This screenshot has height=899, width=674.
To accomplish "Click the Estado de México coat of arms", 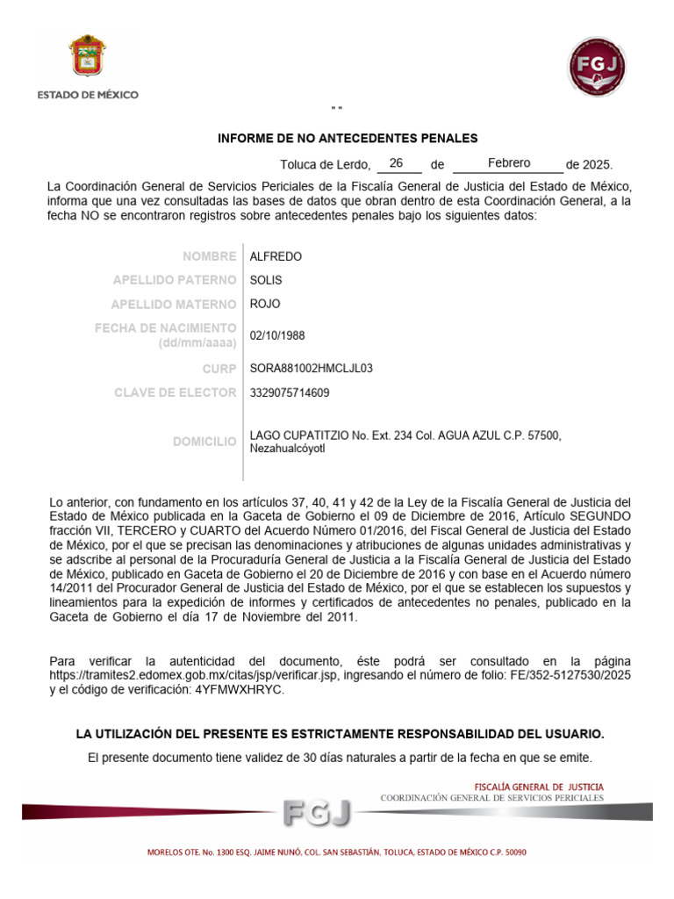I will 87,58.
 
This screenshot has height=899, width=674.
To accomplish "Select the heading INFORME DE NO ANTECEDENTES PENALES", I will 348,138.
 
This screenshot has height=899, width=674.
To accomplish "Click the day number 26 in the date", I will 396,163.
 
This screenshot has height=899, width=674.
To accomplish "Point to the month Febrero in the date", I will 509,163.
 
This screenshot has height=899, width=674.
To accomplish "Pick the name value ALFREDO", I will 276,256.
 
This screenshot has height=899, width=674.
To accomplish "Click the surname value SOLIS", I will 266,280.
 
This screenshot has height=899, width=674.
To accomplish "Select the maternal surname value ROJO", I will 265,304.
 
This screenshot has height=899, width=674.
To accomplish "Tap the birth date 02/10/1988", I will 277,335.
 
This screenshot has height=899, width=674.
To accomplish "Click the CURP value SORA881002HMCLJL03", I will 312,369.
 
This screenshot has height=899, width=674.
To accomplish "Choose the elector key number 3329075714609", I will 290,392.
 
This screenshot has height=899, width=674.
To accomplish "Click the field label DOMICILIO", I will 204,442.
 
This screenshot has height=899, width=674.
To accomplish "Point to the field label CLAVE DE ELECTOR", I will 175,392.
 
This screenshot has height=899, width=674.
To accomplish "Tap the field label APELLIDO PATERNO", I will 175,280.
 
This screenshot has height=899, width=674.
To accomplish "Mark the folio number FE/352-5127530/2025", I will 570,675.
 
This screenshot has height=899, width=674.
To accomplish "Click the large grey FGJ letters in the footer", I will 317,813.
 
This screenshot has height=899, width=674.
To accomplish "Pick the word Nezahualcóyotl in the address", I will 288,449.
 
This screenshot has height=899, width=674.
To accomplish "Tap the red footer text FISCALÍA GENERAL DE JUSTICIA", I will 538,787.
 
